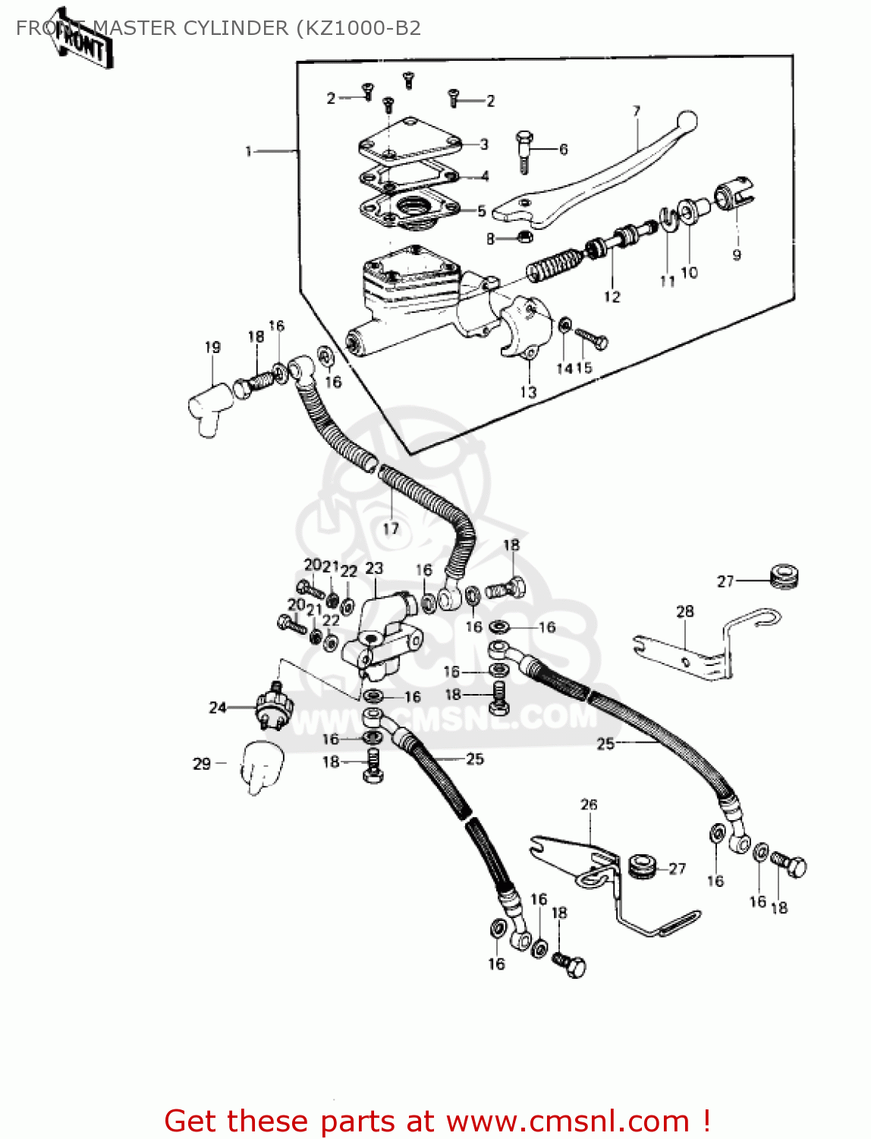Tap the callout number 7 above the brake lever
[x=636, y=112]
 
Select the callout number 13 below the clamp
[x=528, y=392]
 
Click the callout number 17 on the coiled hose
[x=391, y=528]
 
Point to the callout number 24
[x=218, y=708]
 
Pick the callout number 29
[x=201, y=763]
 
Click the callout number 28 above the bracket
[x=684, y=611]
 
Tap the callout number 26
[x=589, y=805]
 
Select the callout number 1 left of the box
[x=248, y=152]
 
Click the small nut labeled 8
[x=524, y=238]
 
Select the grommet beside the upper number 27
[x=784, y=576]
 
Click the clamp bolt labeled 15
[x=591, y=338]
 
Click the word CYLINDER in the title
[x=238, y=28]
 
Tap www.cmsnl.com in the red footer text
[x=568, y=1121]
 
